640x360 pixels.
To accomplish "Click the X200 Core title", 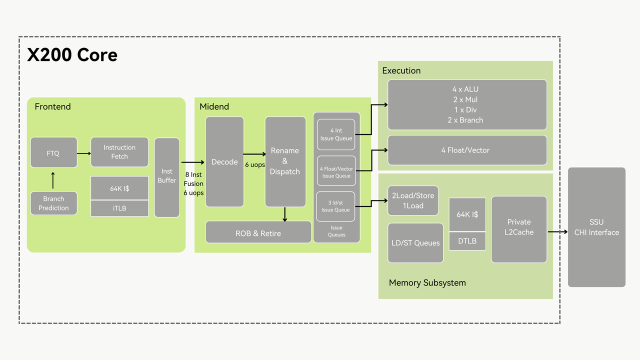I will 72,54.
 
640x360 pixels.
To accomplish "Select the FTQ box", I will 53,152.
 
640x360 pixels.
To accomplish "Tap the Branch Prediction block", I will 53,203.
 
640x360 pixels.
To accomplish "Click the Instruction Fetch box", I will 119,152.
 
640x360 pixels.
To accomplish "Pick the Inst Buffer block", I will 167,177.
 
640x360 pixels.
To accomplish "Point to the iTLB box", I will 119,208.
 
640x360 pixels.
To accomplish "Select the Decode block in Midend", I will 224,161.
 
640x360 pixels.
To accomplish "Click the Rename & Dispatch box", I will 285,161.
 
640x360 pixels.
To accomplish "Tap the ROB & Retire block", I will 258,233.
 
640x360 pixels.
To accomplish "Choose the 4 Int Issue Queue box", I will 336,134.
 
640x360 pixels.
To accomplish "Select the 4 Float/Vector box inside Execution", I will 467,150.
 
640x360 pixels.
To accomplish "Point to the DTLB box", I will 467,241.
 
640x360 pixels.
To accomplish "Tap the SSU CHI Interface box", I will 596,227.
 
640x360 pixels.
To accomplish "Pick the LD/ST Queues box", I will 415,243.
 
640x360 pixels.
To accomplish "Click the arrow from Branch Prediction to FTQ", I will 53,179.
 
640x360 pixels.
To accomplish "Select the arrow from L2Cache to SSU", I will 557,231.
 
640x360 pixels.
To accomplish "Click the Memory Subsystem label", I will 427,282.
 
